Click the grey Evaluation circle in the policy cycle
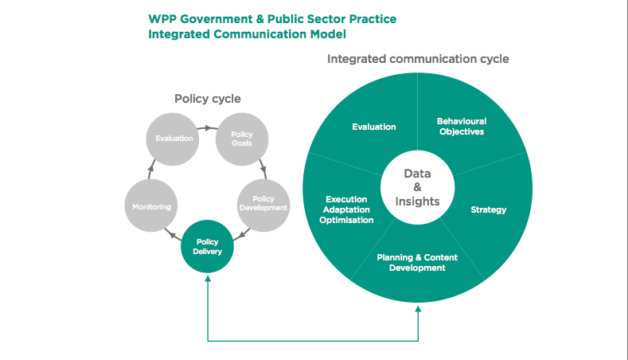(174, 139)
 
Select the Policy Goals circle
(241, 139)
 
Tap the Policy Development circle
(263, 203)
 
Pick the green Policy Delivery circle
(208, 246)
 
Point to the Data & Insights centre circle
(417, 187)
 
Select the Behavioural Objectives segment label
(461, 127)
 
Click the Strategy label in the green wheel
(488, 210)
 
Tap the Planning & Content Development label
(417, 263)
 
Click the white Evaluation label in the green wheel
(374, 127)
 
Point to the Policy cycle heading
(208, 99)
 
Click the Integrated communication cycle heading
(418, 59)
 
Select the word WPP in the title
(163, 18)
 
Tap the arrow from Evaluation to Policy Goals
(208, 127)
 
